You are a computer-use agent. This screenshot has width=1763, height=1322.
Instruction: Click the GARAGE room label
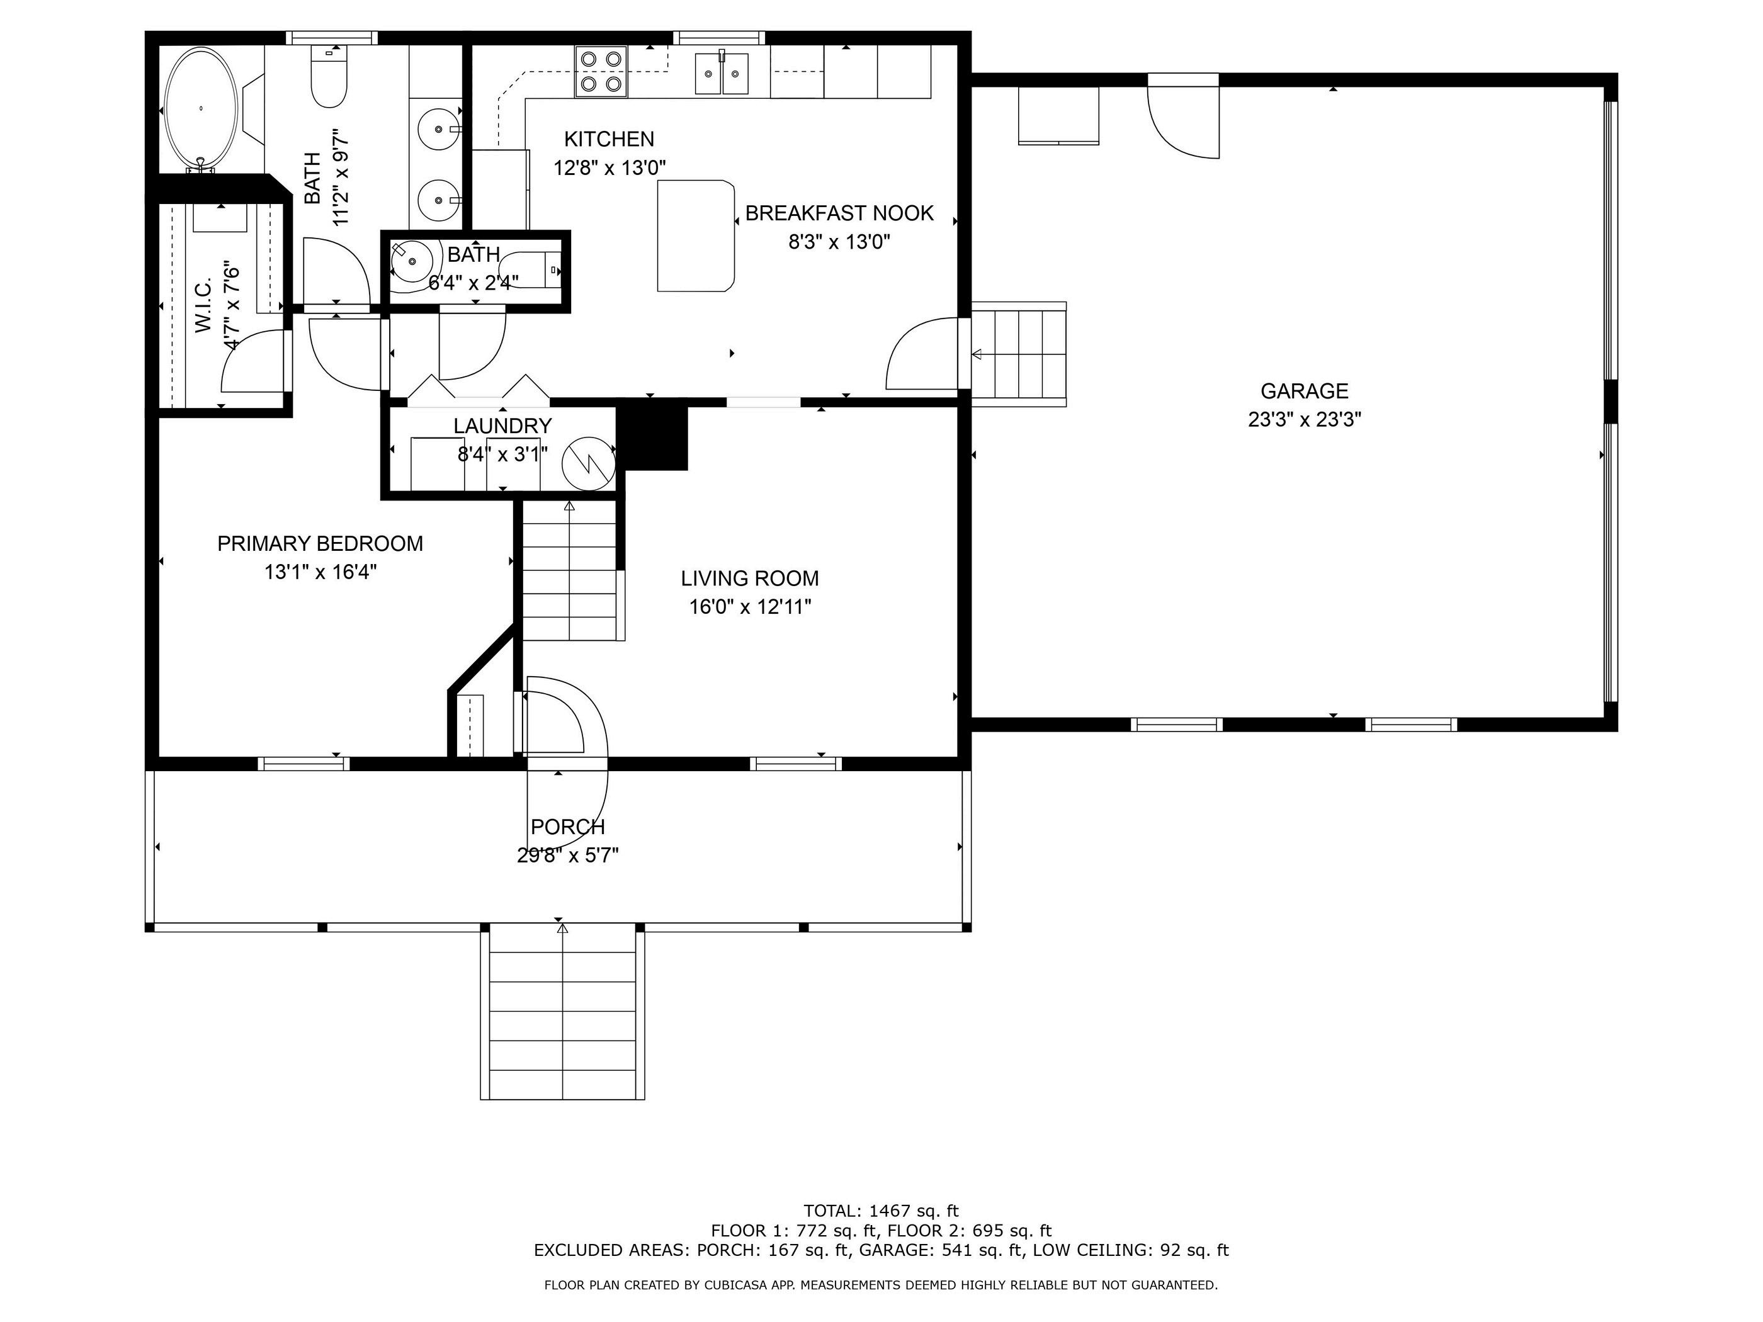point(1304,392)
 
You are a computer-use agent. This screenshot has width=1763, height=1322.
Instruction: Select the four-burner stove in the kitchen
point(601,72)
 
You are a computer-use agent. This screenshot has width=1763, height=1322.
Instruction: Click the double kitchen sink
point(722,73)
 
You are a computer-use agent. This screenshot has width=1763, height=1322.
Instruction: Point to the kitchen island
point(695,236)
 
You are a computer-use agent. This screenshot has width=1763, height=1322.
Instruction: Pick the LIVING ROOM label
point(749,579)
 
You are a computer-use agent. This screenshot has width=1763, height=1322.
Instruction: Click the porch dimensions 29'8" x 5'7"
point(567,855)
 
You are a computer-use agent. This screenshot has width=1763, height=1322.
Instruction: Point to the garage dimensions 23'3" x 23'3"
point(1304,419)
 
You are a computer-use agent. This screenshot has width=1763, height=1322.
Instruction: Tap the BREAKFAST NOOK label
point(839,213)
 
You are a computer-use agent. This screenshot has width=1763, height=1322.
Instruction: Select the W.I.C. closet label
point(203,305)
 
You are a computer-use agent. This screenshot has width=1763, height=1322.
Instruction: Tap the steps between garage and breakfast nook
point(1019,354)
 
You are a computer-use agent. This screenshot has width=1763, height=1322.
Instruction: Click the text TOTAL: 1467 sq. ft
point(881,1211)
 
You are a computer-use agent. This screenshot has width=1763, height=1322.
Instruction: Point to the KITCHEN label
point(609,140)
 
